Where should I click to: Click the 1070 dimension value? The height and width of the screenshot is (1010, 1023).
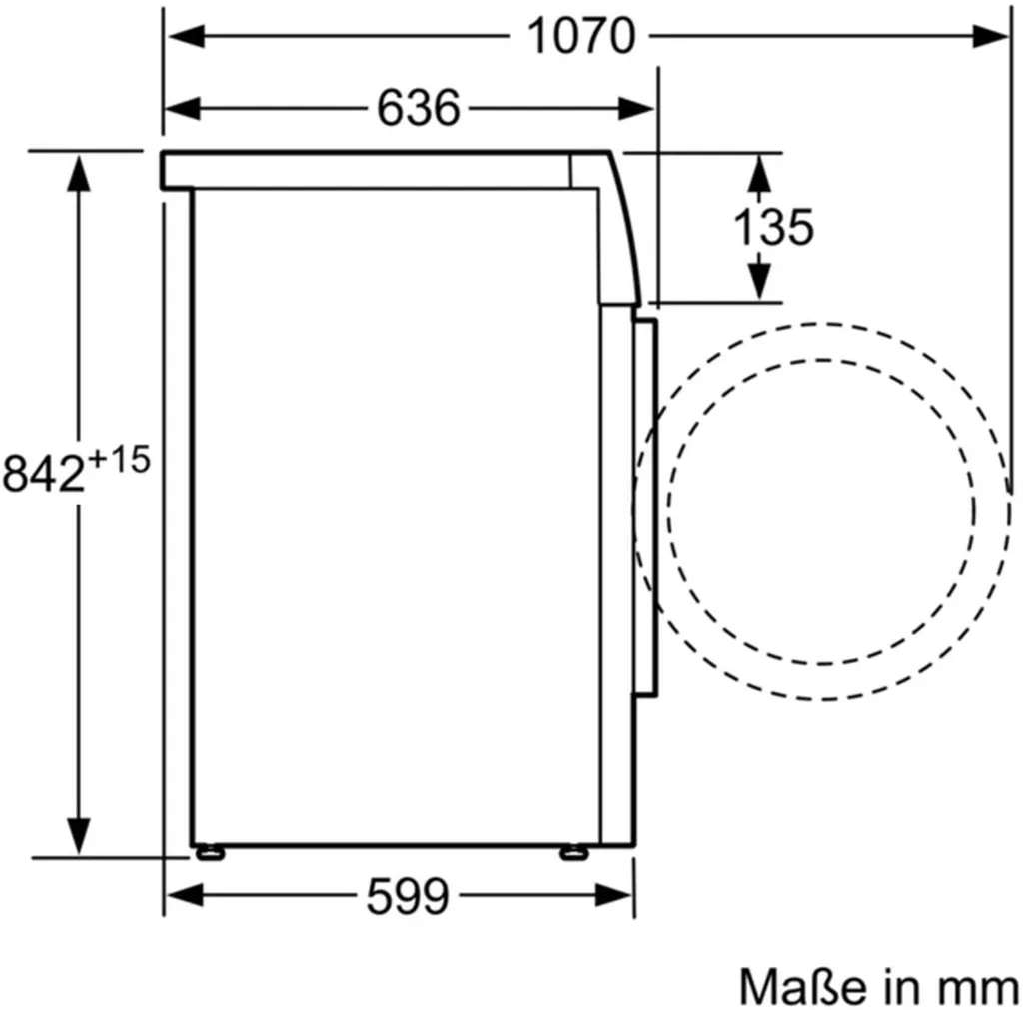point(580,36)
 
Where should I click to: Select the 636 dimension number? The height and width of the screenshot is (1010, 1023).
point(419,108)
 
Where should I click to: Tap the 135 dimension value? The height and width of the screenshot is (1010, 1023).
point(774,227)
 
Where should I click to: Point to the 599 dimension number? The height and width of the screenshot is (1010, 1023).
point(408,896)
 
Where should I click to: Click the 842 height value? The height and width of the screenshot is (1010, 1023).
point(44,473)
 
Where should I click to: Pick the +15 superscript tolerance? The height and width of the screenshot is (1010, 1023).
point(120,460)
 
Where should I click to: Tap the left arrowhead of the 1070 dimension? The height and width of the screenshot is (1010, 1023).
point(187,36)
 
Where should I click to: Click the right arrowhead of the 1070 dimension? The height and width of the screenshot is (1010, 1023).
point(990,36)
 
